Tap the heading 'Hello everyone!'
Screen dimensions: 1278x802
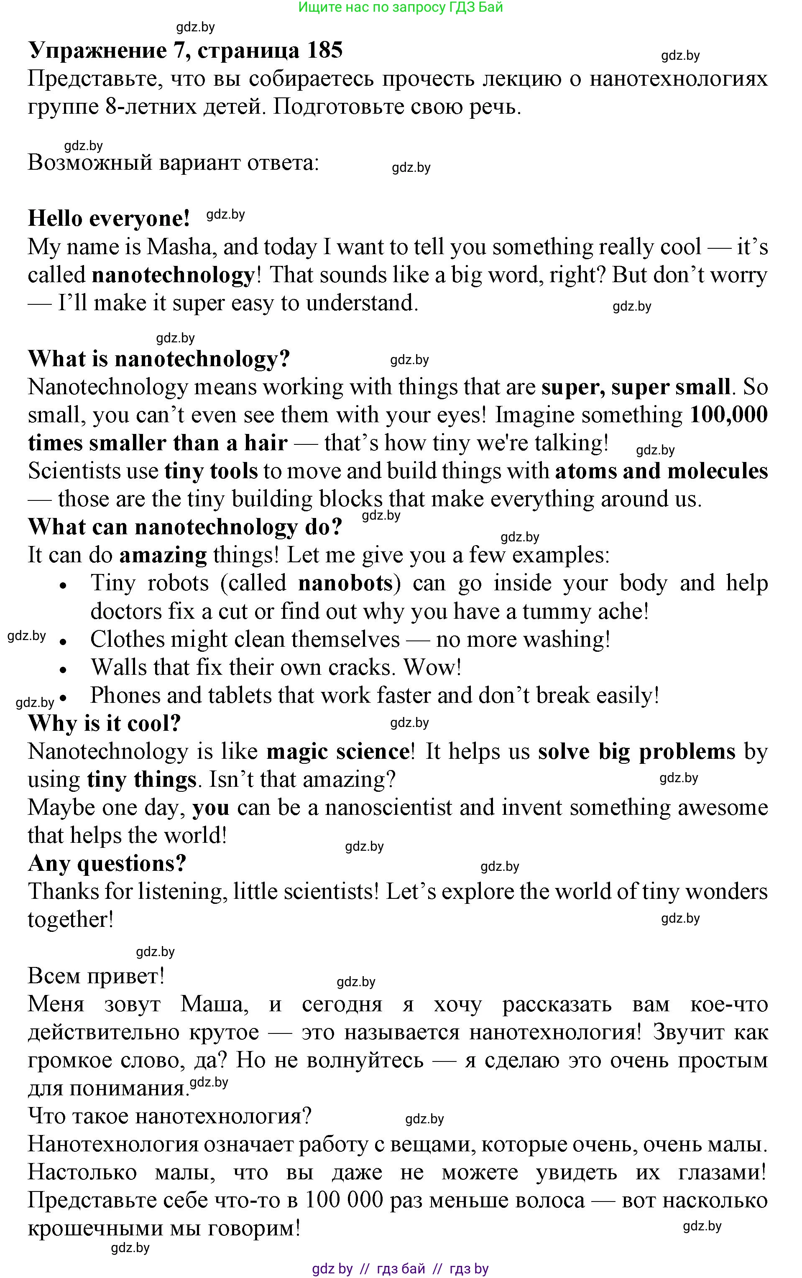point(109,219)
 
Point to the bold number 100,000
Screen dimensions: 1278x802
point(728,415)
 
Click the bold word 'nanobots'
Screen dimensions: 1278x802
point(345,583)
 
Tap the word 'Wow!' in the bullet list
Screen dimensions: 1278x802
point(432,667)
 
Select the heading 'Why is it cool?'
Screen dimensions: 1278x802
point(105,723)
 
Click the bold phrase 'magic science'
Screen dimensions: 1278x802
point(338,752)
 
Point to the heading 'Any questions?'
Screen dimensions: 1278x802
point(107,863)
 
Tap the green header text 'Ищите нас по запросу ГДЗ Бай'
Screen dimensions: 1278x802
point(401,8)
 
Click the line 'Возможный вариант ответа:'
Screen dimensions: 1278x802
point(174,163)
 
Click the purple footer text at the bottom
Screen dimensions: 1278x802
point(401,1268)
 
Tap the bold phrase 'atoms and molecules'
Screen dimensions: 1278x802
point(661,471)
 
